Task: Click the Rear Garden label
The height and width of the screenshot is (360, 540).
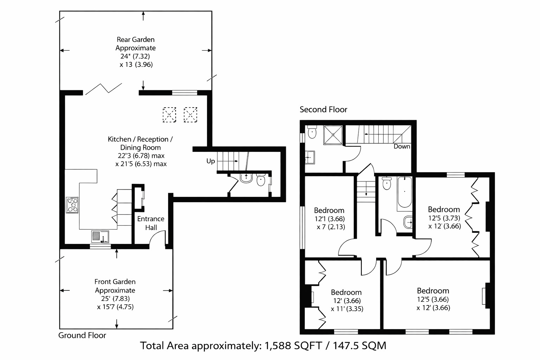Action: click(135, 40)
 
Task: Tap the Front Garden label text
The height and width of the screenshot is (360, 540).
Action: click(115, 282)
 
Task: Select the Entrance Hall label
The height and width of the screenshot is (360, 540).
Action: click(151, 223)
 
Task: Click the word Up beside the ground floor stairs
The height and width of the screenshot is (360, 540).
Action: click(211, 161)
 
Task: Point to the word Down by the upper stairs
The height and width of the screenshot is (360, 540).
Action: click(401, 146)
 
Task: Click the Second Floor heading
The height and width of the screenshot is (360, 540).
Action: click(323, 109)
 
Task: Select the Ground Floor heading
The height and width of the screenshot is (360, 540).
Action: click(82, 335)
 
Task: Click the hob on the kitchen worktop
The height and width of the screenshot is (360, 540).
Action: click(72, 205)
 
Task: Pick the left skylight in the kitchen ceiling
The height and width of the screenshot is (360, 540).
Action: click(169, 115)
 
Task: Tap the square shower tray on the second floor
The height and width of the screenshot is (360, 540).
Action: click(333, 134)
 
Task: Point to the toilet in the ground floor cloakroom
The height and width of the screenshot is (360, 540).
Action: click(261, 180)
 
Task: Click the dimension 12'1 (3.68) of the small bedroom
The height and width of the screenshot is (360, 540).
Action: click(329, 219)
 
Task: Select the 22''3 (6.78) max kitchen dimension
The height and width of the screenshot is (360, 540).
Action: click(141, 155)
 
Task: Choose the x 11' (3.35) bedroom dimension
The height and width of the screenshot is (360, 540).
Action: click(347, 309)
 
